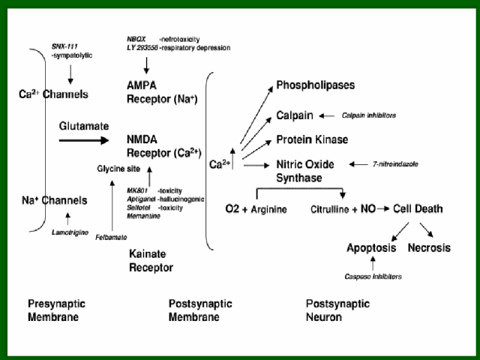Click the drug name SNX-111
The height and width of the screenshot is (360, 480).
(x=66, y=46)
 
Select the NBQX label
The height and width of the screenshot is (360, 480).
(x=138, y=37)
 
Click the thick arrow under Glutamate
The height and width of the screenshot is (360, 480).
(x=83, y=140)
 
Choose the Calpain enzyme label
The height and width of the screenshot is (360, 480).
(x=295, y=115)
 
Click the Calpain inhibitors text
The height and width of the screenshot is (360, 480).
(x=368, y=115)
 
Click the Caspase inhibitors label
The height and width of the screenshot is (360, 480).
(x=373, y=277)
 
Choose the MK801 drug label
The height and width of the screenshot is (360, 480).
(x=138, y=191)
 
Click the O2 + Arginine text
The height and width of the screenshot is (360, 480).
(x=256, y=208)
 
